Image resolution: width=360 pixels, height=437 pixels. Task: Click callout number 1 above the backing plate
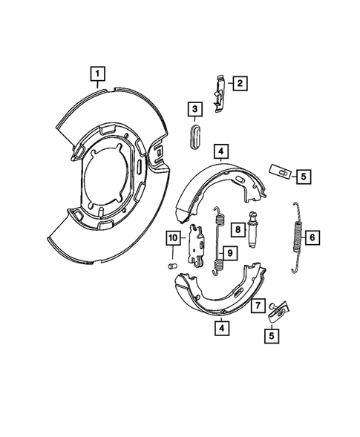pyautogui.click(x=97, y=73)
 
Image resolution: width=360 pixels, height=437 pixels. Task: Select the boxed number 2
pyautogui.click(x=239, y=83)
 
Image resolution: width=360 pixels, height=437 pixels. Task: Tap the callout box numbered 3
pyautogui.click(x=194, y=110)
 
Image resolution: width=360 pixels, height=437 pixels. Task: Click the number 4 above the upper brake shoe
pyautogui.click(x=220, y=153)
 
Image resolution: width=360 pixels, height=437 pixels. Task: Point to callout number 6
pyautogui.click(x=312, y=237)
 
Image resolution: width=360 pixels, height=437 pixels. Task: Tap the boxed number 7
pyautogui.click(x=257, y=304)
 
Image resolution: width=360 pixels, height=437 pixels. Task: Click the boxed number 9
pyautogui.click(x=229, y=252)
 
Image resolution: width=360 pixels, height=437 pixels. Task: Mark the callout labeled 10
pyautogui.click(x=171, y=237)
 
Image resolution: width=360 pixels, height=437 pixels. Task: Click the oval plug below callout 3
pyautogui.click(x=195, y=137)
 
